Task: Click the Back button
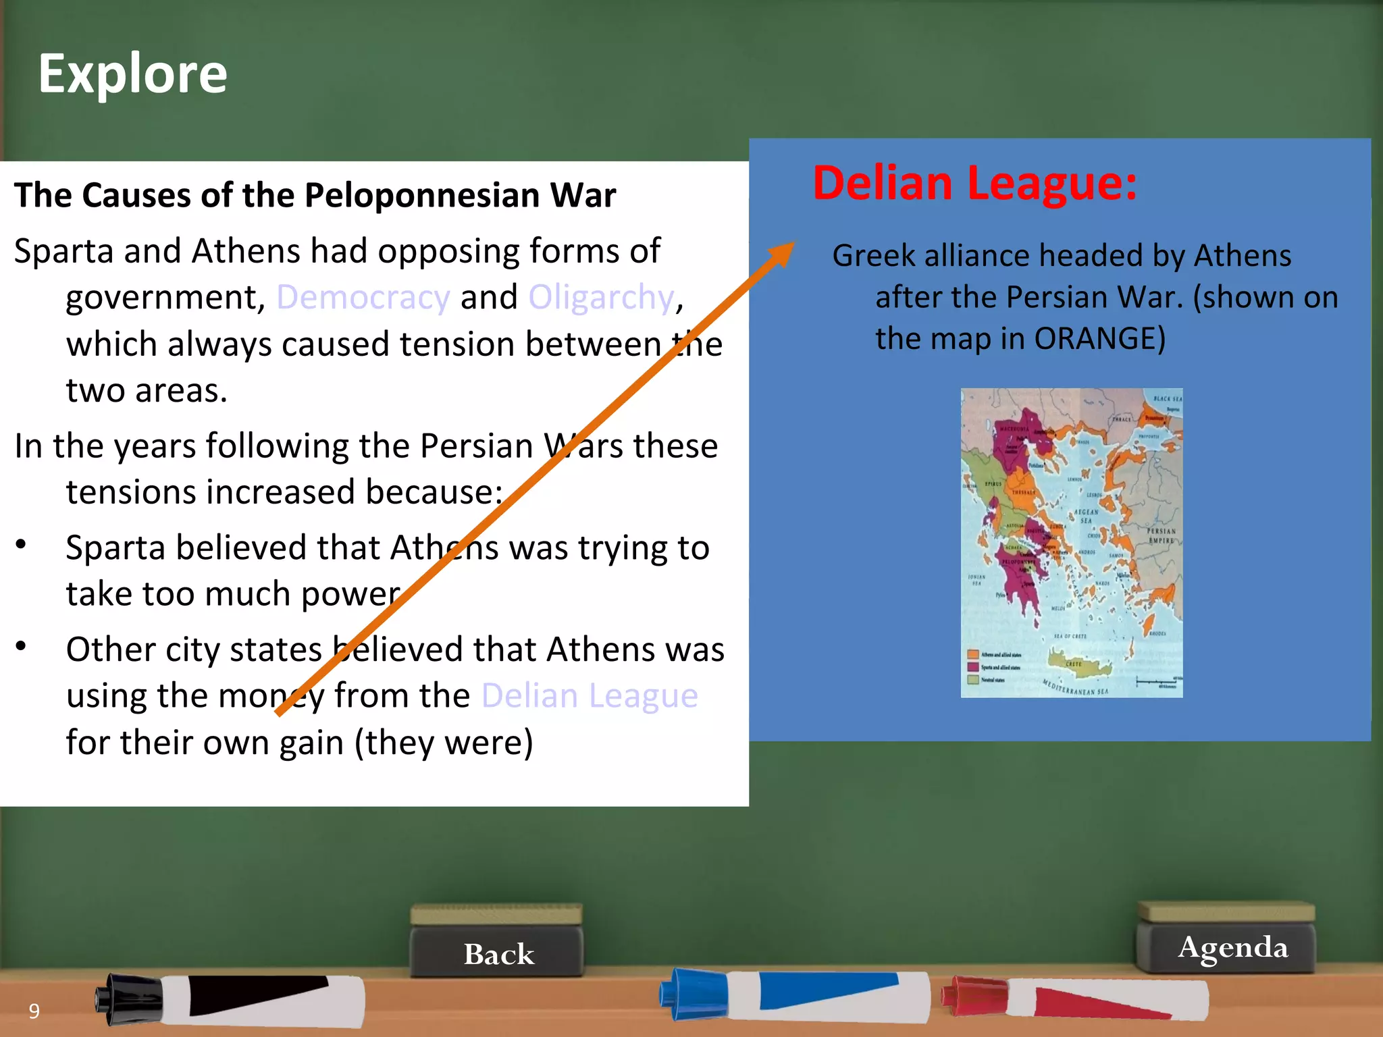pos(498,953)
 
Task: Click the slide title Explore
pos(133,74)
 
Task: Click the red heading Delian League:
pos(974,183)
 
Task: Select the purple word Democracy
pos(363,297)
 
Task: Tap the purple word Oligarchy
pos(601,297)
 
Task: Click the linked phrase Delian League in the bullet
pos(590,695)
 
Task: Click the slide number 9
pos(34,1011)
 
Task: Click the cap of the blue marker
pos(692,992)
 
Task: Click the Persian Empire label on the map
pos(1161,535)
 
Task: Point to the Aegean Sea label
pos(1085,516)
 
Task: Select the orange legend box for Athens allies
pos(973,654)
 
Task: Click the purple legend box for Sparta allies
pos(973,667)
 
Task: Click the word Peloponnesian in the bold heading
pos(421,196)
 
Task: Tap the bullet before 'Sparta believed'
pos(22,544)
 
